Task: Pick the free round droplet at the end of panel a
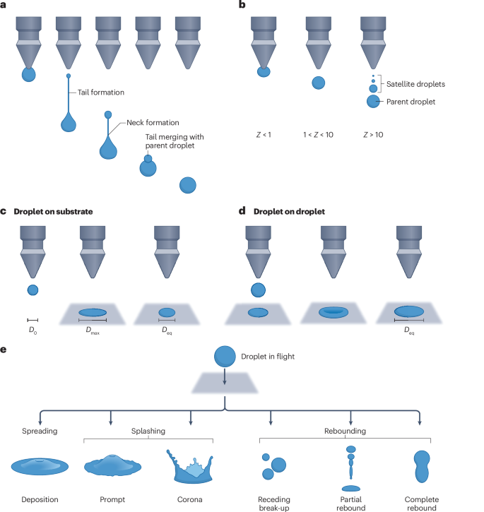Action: point(188,185)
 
